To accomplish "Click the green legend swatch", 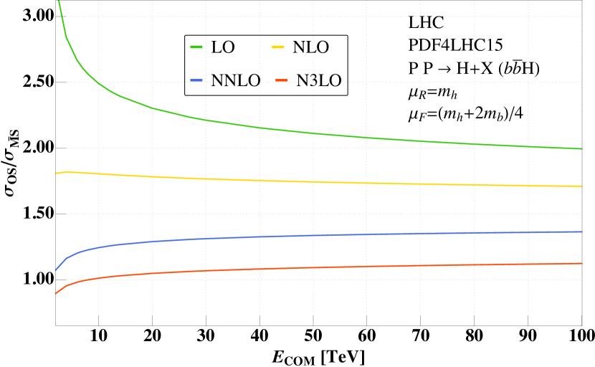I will tap(196, 47).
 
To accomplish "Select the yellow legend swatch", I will tap(277, 47).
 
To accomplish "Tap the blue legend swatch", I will tap(196, 80).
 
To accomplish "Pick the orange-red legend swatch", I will tap(281, 80).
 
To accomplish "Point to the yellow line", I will tap(287, 181).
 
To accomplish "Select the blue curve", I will tap(287, 236).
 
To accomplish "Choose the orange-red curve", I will tap(287, 268).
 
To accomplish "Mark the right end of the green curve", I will tap(581, 148).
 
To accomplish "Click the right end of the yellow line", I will tap(581, 186).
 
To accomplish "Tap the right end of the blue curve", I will tap(581, 232).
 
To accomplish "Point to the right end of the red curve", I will tap(581, 263).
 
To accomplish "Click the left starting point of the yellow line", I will tap(56, 173).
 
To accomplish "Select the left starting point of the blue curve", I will tap(56, 270).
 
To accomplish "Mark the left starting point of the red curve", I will tap(56, 293).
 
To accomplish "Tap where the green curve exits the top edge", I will tap(59, 1).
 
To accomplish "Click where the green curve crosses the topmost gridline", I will tap(62, 16).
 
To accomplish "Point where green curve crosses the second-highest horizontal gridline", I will tap(97, 82).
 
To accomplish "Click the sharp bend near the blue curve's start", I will tap(66, 258).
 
